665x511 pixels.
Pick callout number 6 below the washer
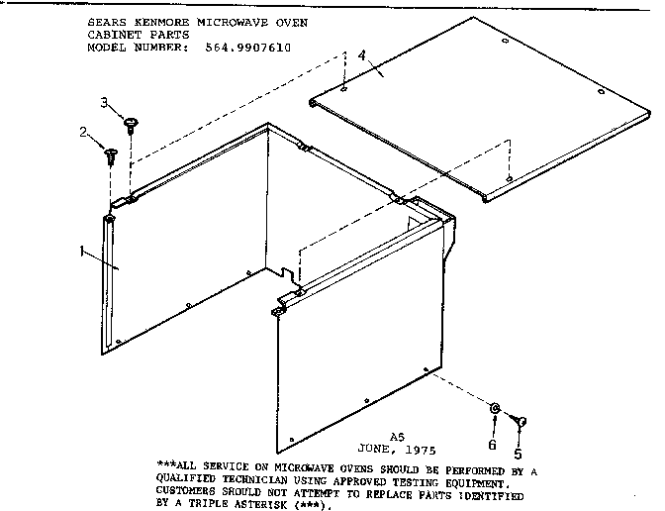click(493, 445)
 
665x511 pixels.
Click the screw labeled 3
click(130, 123)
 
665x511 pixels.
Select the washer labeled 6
click(494, 408)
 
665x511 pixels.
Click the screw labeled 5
click(522, 421)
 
